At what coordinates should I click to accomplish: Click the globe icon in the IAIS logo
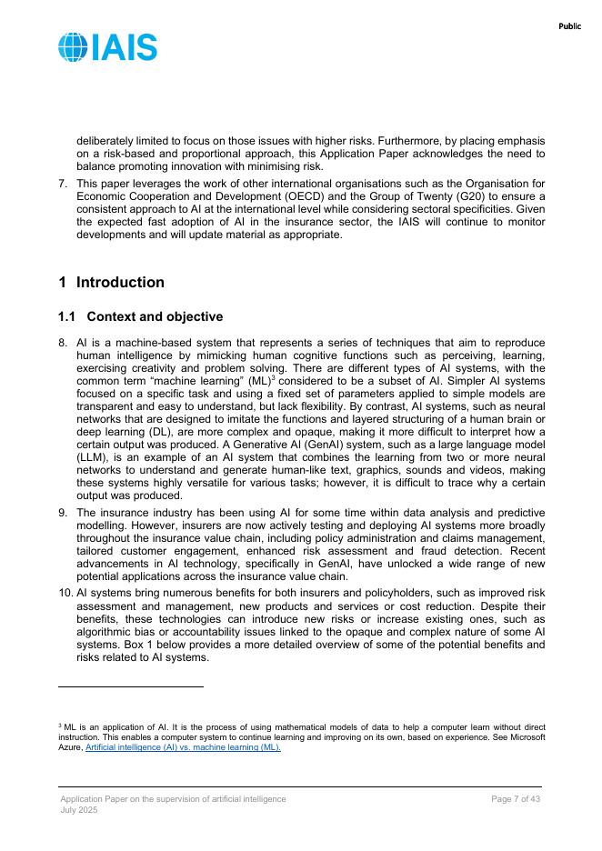click(x=73, y=47)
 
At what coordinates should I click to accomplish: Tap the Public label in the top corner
click(x=569, y=26)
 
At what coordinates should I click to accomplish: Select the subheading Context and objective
click(x=154, y=316)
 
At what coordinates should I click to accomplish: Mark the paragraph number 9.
click(x=63, y=513)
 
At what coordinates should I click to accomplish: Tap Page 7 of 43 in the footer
click(x=516, y=798)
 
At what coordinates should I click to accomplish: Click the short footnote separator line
click(x=130, y=687)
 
